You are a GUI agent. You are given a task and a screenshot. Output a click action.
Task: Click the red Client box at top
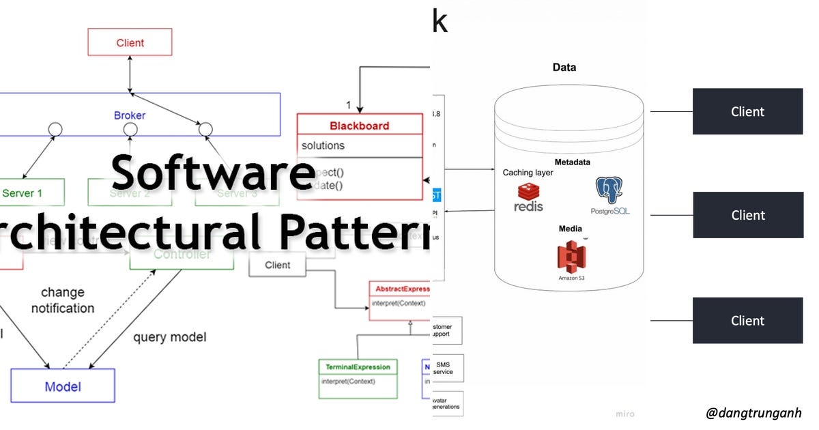[x=130, y=42]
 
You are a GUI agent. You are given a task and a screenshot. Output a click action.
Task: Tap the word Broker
[x=130, y=115]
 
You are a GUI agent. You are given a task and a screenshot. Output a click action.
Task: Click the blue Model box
[x=63, y=387]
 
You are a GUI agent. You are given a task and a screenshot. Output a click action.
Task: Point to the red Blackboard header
[x=359, y=126]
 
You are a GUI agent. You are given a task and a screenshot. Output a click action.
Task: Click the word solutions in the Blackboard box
[x=323, y=145]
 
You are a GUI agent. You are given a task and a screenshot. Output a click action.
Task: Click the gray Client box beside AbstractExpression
[x=277, y=265]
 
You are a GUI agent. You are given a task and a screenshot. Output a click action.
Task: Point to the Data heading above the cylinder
[x=564, y=68]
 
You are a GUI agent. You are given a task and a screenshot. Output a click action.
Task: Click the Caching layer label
[x=528, y=173]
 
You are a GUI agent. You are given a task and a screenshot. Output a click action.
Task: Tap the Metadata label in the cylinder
[x=572, y=162]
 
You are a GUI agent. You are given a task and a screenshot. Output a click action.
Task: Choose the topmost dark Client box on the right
[x=747, y=111]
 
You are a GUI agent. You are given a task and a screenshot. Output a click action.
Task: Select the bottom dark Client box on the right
[x=747, y=321]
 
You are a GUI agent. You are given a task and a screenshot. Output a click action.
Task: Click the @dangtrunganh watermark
[x=753, y=412]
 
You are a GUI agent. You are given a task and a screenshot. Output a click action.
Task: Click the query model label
[x=169, y=337]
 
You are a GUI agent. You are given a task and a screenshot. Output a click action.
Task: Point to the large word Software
[x=213, y=173]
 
